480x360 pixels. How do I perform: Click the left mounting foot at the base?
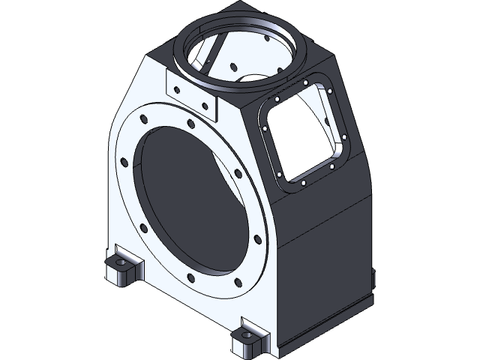(120, 270)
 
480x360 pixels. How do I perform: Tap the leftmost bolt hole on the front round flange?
(122, 159)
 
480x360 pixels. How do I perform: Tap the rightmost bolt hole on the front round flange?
(258, 241)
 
